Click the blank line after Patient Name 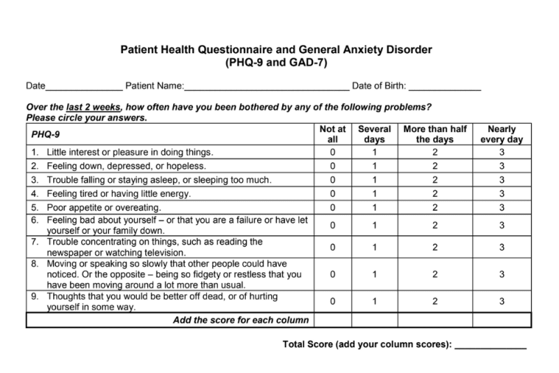point(266,89)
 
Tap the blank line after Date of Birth point(444,89)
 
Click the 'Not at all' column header point(333,134)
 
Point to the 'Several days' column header point(375,134)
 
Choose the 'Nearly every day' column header point(502,134)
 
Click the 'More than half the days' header point(434,134)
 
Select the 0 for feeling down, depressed point(333,166)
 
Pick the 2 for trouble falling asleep point(434,180)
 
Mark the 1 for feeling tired point(375,193)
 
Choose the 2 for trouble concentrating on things point(434,247)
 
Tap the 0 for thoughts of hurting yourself point(333,301)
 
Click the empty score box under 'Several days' point(375,320)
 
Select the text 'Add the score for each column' point(241,320)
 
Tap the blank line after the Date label point(84,89)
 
